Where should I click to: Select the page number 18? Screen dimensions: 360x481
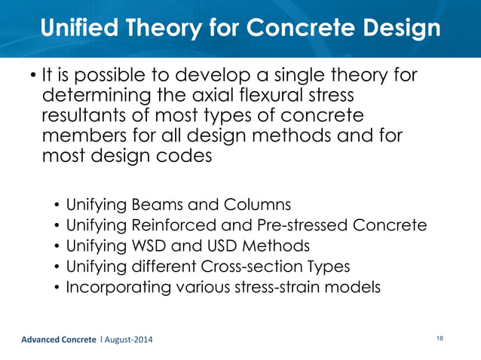pyautogui.click(x=439, y=339)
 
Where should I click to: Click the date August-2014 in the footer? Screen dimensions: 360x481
pyautogui.click(x=126, y=340)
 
